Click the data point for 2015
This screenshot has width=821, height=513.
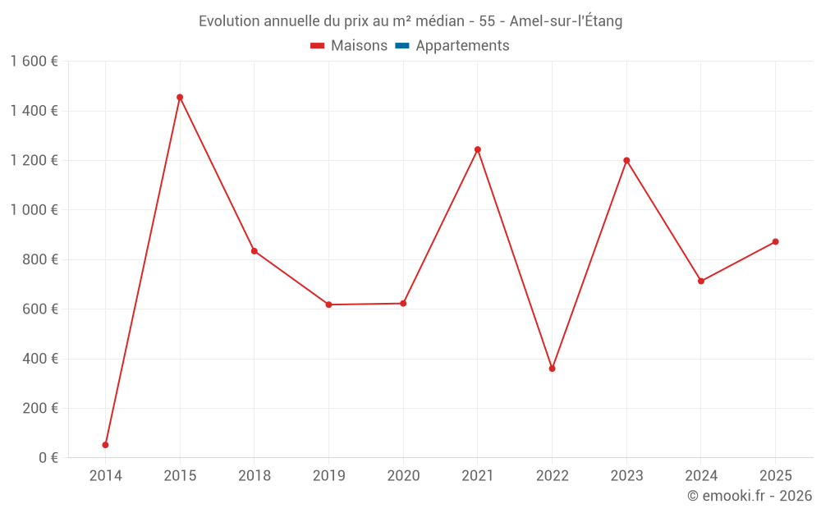(x=180, y=97)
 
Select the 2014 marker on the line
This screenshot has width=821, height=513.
(x=105, y=445)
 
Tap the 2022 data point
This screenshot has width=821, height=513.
(x=552, y=369)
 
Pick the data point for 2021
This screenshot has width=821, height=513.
(x=478, y=149)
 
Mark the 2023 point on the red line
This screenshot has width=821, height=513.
(x=626, y=160)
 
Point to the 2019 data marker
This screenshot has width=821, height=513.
(x=328, y=305)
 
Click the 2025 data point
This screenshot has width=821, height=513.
(x=775, y=241)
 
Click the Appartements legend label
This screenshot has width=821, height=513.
(x=462, y=46)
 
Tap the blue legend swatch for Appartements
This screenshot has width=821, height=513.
(x=402, y=46)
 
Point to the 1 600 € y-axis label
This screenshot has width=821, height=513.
(x=34, y=62)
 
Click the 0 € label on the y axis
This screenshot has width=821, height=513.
(x=48, y=457)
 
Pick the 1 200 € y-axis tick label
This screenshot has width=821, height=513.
(x=34, y=160)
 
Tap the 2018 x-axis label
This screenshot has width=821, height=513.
(x=255, y=476)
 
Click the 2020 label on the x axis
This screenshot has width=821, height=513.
(x=403, y=476)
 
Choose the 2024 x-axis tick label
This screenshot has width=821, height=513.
(x=700, y=476)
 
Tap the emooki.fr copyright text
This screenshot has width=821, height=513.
(x=750, y=496)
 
